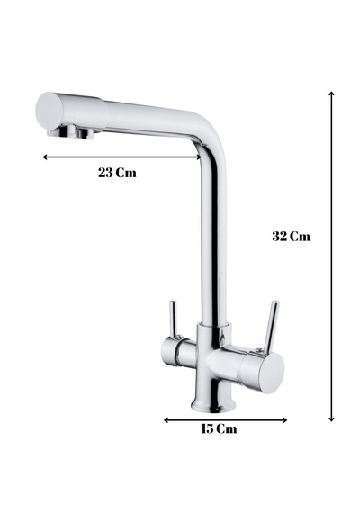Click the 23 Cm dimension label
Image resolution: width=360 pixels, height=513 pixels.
click(117, 173)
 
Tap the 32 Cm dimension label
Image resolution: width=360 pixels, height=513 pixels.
click(291, 236)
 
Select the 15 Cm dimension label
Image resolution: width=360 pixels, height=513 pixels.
click(219, 428)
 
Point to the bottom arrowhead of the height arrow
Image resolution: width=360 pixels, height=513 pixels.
click(331, 419)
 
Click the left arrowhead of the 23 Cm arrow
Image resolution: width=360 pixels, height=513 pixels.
click(45, 157)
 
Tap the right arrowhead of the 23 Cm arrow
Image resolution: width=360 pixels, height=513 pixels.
click(199, 157)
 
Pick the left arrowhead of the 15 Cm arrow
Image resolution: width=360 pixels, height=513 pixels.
click(166, 420)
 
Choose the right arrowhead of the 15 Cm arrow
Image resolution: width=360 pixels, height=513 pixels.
click(285, 420)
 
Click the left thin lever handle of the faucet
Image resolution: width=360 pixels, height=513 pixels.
click(174, 319)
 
